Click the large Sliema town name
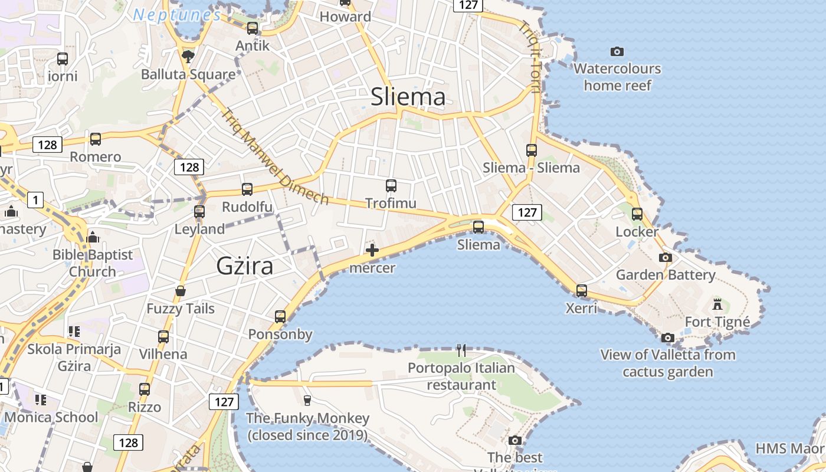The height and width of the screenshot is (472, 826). [408, 97]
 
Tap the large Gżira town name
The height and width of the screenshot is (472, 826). [245, 266]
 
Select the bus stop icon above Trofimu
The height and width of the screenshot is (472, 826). [391, 186]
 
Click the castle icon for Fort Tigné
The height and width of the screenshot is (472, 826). [717, 304]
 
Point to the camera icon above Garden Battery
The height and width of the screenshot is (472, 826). [665, 258]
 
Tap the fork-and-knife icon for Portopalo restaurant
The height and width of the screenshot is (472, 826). [461, 350]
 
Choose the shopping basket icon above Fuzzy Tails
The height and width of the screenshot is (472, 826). [181, 291]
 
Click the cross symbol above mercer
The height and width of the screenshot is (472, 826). [372, 250]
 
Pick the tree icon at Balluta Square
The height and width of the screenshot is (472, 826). [188, 57]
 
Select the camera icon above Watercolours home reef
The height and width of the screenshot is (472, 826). [617, 52]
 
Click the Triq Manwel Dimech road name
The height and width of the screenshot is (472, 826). [276, 156]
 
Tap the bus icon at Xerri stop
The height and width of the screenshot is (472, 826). [582, 290]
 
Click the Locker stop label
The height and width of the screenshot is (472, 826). [637, 231]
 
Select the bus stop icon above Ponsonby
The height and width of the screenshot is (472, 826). [280, 317]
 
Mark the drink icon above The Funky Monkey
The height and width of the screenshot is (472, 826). [307, 401]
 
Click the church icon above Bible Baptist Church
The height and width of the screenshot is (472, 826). [93, 238]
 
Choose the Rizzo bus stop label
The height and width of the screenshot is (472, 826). [145, 407]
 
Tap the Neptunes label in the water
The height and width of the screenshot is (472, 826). [177, 15]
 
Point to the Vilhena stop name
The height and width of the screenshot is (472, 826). [163, 354]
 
